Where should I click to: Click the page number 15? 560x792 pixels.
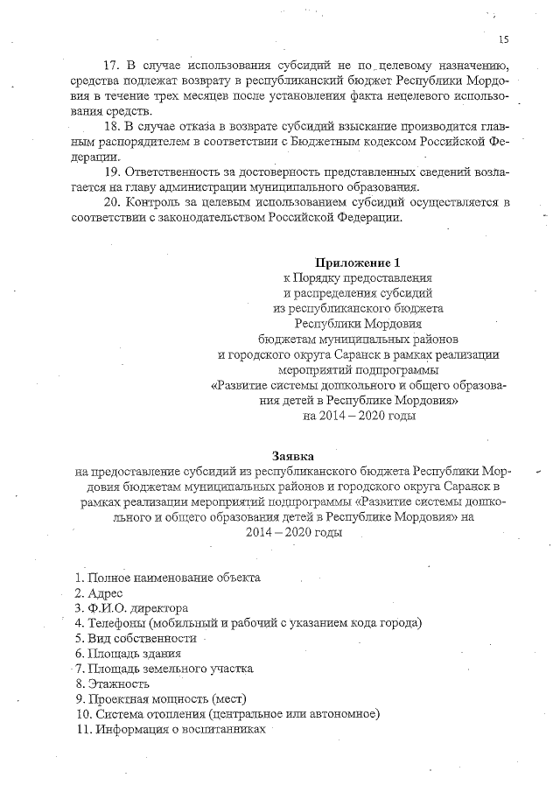pyautogui.click(x=503, y=39)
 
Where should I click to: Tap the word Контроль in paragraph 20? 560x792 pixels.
pyautogui.click(x=155, y=202)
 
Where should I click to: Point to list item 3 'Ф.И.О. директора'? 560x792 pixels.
pyautogui.click(x=132, y=607)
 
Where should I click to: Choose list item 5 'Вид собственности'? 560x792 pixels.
pyautogui.click(x=135, y=638)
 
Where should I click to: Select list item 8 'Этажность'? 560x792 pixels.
pyautogui.click(x=112, y=683)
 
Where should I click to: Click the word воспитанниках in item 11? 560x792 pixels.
pyautogui.click(x=222, y=729)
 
